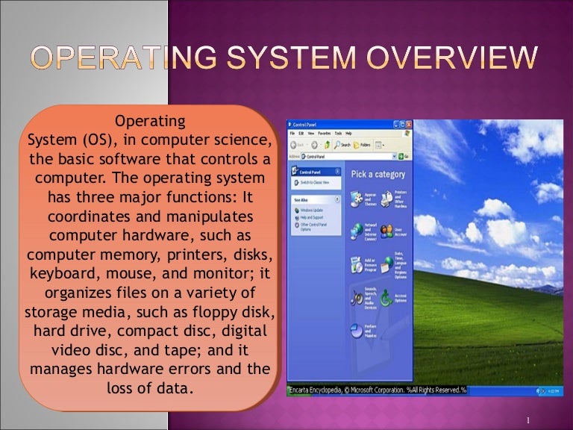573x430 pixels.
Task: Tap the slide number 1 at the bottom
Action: [x=527, y=420]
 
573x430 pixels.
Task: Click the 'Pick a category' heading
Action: [x=378, y=175]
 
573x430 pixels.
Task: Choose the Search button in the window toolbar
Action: [x=342, y=144]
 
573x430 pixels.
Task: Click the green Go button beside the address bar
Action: [x=401, y=156]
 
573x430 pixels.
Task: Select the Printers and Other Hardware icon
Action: [x=386, y=199]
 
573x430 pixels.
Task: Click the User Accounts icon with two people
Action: [x=386, y=231]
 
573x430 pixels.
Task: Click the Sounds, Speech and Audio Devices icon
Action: [x=356, y=297]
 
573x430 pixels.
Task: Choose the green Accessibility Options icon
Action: [x=386, y=298]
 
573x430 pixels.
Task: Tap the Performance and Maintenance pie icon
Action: [x=356, y=329]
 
